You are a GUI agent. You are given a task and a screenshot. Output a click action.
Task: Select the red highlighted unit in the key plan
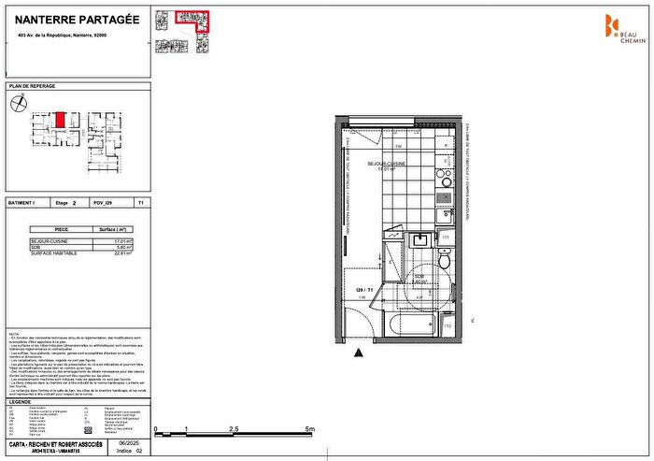point(59,120)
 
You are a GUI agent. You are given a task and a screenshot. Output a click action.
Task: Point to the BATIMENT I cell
point(24,202)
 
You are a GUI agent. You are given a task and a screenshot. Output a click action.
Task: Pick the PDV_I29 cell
point(104,202)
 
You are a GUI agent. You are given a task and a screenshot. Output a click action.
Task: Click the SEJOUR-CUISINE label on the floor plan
point(396,164)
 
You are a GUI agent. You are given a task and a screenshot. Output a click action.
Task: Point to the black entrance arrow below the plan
point(359,353)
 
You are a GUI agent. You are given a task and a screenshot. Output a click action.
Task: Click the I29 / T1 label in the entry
point(363,290)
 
